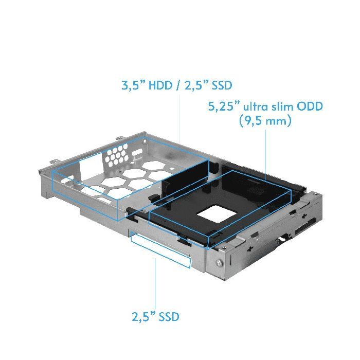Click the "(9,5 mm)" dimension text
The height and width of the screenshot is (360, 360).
[x=265, y=122]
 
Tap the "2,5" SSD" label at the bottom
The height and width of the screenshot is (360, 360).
[x=155, y=316]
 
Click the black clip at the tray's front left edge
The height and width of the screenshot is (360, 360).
[x=131, y=209]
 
